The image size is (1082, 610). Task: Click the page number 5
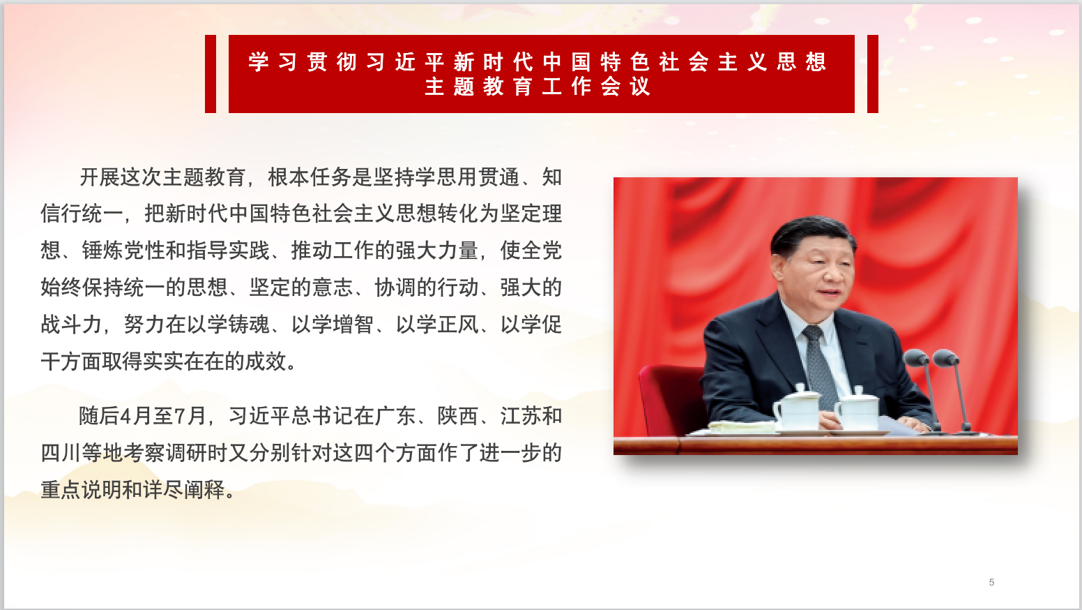(991, 582)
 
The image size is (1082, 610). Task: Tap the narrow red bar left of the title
(210, 73)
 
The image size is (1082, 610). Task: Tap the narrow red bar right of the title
(872, 73)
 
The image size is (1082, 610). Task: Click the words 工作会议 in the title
(596, 87)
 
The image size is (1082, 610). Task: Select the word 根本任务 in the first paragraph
(310, 177)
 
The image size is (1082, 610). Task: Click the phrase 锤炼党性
(123, 251)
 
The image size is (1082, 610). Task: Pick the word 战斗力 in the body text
(71, 324)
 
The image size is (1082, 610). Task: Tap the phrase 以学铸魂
(228, 324)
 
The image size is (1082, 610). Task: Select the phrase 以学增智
(333, 324)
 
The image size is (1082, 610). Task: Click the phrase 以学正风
(437, 324)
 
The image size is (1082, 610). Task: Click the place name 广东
(395, 416)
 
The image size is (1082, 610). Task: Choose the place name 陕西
(458, 416)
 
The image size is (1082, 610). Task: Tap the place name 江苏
(521, 416)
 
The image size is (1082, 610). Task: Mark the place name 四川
(61, 453)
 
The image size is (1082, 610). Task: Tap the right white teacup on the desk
(857, 409)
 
